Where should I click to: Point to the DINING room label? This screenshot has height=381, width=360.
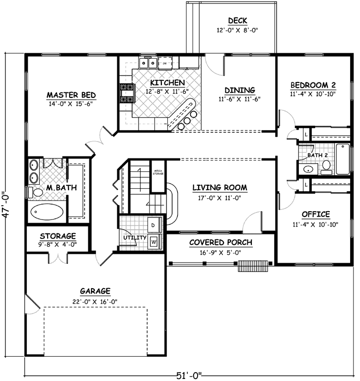coord(239,90)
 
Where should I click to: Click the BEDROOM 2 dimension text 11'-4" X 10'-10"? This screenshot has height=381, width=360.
coord(313,93)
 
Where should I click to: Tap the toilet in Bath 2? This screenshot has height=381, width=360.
coord(326,170)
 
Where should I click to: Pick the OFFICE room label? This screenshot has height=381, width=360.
coord(316,214)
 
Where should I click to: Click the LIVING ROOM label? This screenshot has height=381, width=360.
coord(219,187)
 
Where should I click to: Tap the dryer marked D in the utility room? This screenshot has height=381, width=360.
coord(153,225)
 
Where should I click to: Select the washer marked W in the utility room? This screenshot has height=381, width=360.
coord(153,241)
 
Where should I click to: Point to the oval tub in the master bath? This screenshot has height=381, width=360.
coord(47,213)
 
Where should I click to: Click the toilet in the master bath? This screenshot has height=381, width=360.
coord(37,192)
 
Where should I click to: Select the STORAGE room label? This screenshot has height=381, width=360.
coord(58,236)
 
